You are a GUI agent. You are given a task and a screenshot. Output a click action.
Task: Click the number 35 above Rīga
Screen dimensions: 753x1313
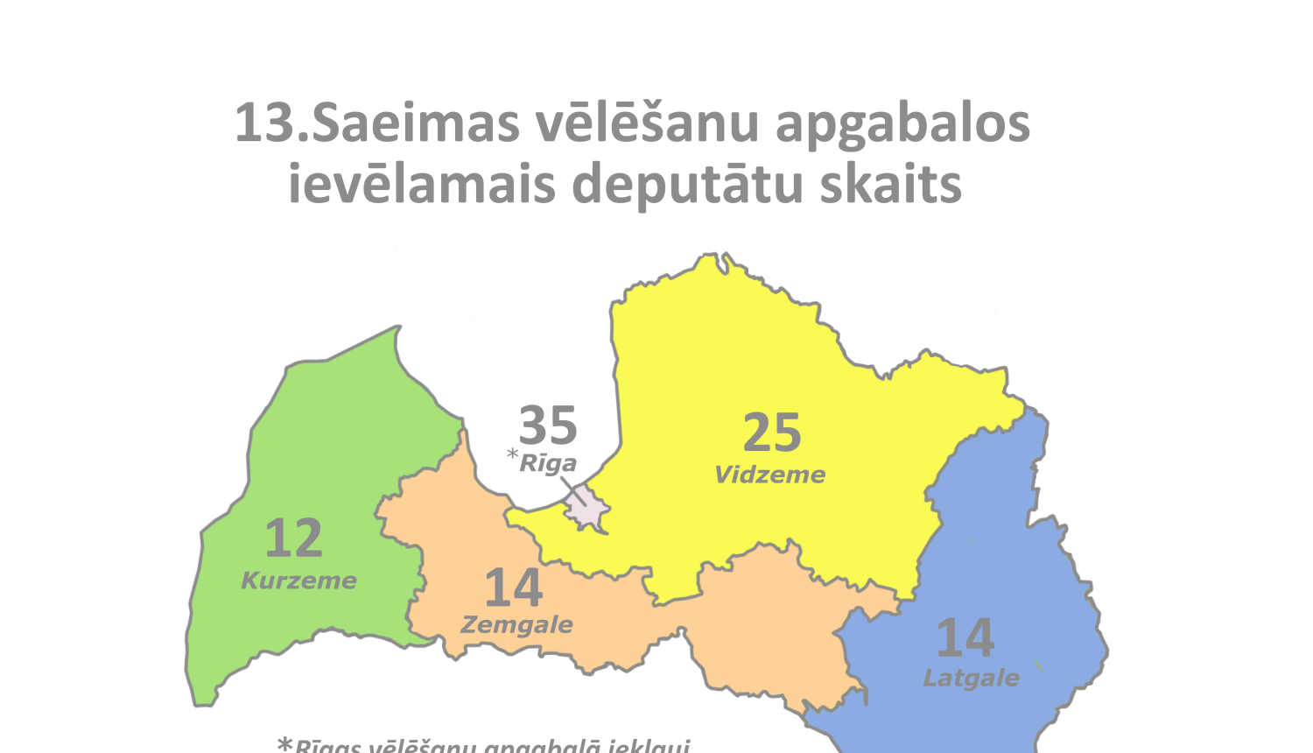[x=548, y=426]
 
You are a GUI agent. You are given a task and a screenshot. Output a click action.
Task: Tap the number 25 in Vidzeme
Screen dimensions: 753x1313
[x=772, y=433]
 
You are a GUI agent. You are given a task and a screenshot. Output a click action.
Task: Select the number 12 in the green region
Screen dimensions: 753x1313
[x=293, y=538]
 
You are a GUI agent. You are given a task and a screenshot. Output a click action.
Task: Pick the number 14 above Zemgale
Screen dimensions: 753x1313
[x=513, y=588]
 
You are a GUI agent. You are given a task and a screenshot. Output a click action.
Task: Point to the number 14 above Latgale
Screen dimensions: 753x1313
[x=965, y=638]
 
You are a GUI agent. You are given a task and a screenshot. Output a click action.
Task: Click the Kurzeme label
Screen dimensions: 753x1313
[x=298, y=581]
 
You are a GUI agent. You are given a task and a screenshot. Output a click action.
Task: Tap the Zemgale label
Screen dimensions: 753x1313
[x=516, y=625]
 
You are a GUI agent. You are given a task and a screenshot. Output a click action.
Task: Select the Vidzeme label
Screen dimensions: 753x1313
[x=770, y=475]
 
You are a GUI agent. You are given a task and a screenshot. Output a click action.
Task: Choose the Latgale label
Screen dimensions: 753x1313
[x=972, y=678]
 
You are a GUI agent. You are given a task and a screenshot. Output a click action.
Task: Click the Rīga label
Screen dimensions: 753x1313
[x=548, y=463]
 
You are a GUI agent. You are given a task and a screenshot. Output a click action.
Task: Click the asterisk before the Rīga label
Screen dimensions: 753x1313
[x=512, y=454]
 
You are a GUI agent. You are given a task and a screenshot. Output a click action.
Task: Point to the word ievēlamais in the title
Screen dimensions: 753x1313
[x=422, y=185]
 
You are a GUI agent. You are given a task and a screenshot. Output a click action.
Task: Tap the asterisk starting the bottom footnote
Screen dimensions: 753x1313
[x=284, y=745]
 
